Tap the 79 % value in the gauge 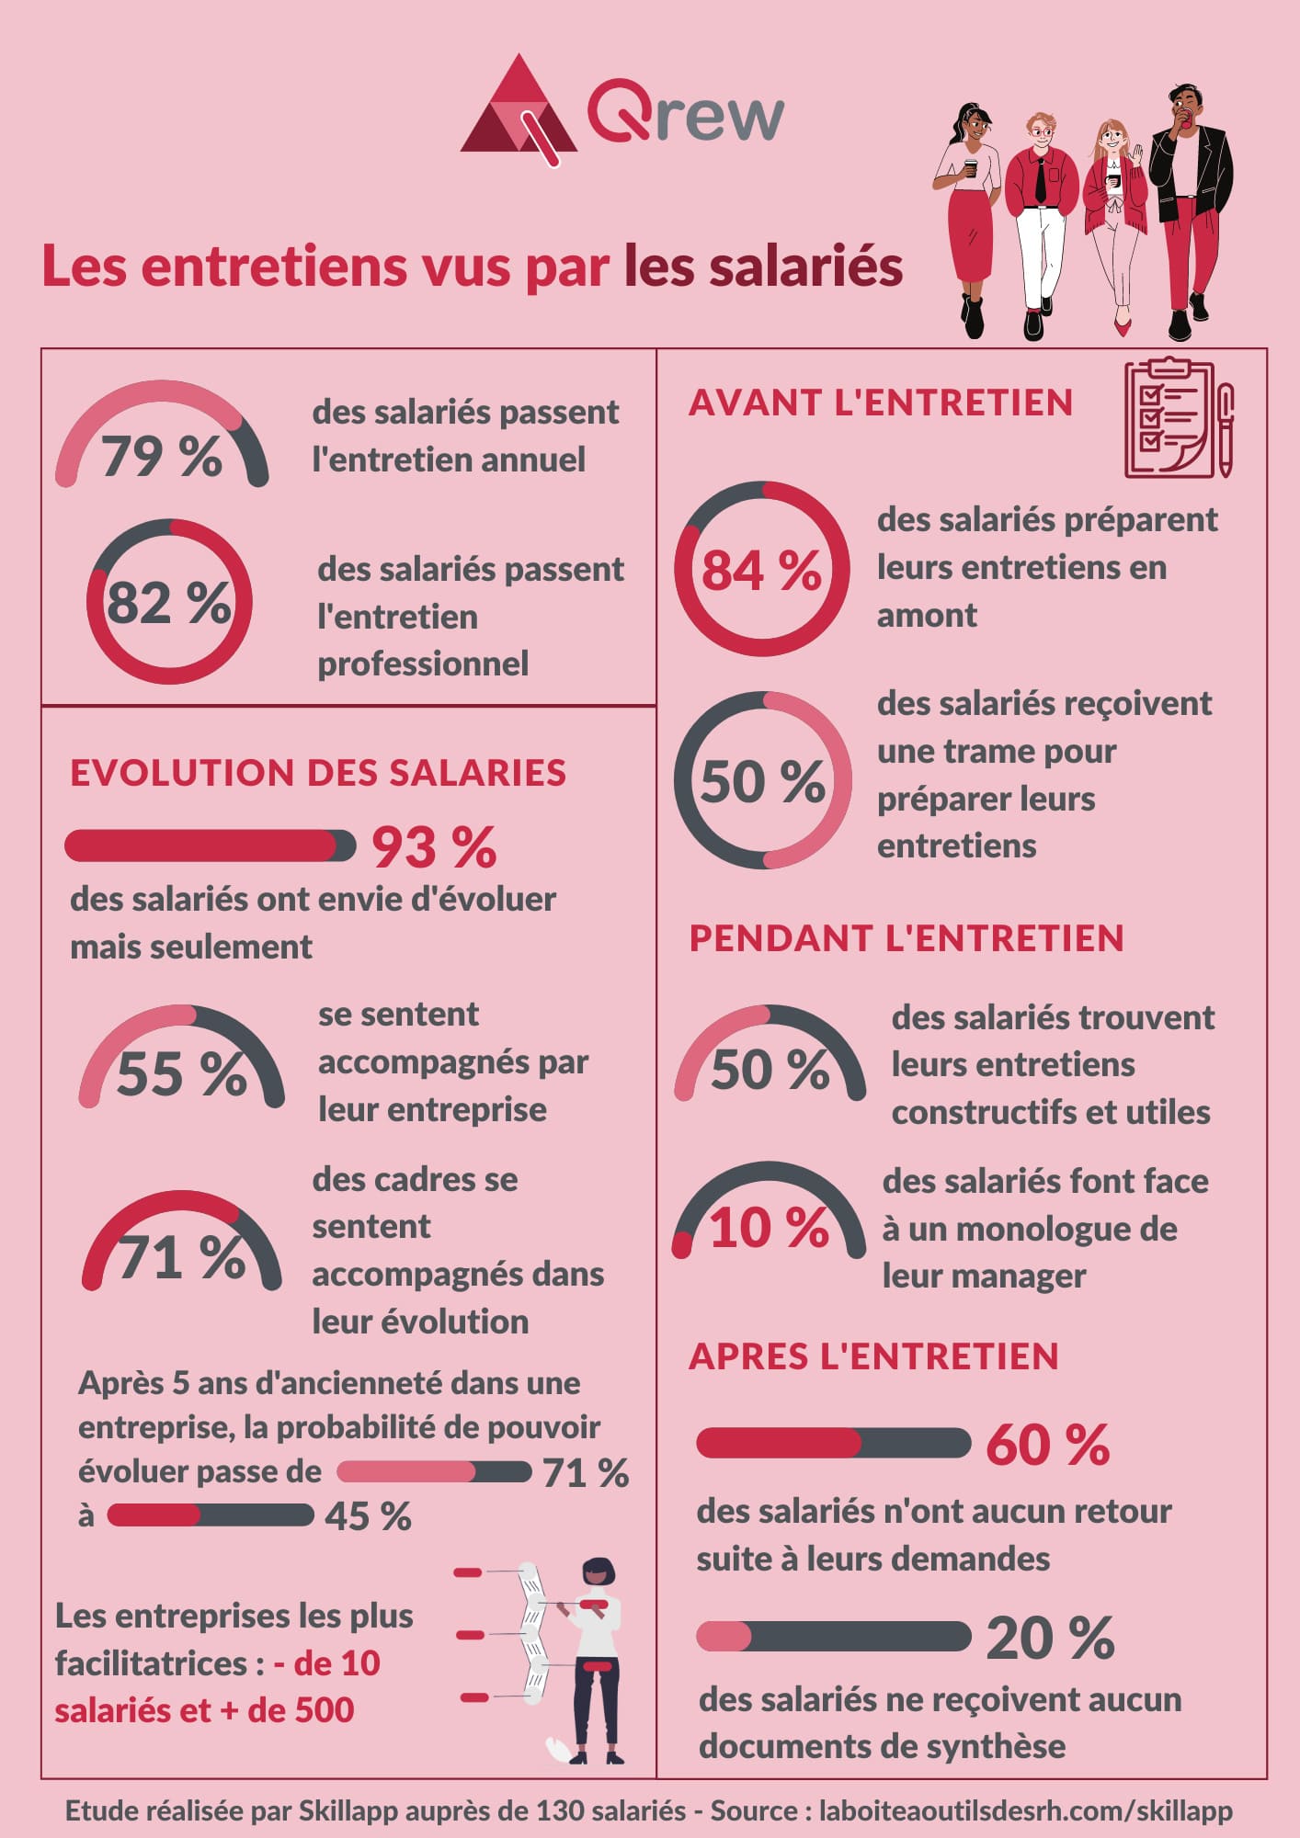(162, 456)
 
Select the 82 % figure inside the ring (169, 603)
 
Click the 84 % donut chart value (761, 570)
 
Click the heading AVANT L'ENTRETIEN (881, 403)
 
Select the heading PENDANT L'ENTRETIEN (907, 938)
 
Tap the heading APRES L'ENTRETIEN (873, 1356)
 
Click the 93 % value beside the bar (434, 847)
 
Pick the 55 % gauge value (182, 1073)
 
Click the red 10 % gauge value (770, 1228)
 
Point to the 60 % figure (1048, 1445)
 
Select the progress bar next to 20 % (833, 1637)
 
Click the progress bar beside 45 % (211, 1515)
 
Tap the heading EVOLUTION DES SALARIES (318, 773)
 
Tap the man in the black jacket (1191, 202)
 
